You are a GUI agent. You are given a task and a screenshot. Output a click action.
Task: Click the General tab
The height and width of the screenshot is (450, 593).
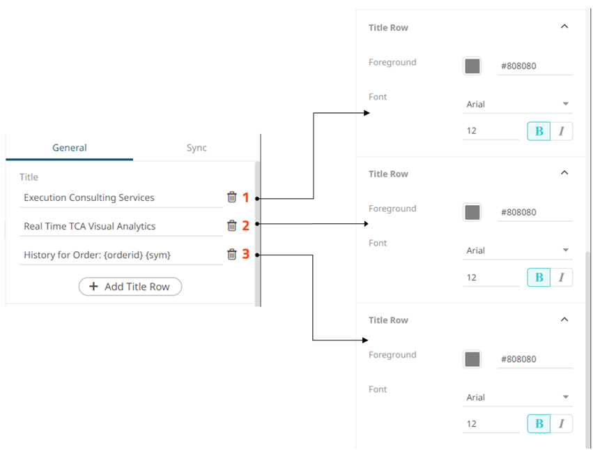pyautogui.click(x=70, y=148)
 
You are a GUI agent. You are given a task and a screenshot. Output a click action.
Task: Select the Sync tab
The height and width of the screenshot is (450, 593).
pyautogui.click(x=197, y=148)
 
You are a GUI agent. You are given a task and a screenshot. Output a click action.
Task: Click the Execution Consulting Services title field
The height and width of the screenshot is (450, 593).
pyautogui.click(x=121, y=198)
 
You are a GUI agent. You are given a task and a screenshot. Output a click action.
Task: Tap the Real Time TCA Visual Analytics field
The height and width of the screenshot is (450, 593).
pyautogui.click(x=121, y=227)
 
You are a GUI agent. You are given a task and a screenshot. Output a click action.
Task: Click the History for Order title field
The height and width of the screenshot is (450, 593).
pyautogui.click(x=121, y=255)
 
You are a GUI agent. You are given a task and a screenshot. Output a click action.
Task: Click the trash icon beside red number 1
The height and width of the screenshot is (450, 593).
pyautogui.click(x=232, y=197)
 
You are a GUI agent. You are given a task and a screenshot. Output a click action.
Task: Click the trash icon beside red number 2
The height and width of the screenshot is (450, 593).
pyautogui.click(x=232, y=225)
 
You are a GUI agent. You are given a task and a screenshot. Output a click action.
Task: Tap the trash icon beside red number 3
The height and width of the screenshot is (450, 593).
pyautogui.click(x=232, y=254)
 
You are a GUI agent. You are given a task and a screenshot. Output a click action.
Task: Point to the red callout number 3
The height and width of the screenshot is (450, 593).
pyautogui.click(x=245, y=255)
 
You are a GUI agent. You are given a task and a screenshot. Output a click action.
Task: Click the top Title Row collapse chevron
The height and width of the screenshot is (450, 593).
pyautogui.click(x=564, y=27)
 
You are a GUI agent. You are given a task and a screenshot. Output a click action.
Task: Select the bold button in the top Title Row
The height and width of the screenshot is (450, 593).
pyautogui.click(x=539, y=131)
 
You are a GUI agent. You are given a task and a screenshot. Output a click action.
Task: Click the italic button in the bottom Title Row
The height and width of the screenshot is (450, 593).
pyautogui.click(x=561, y=423)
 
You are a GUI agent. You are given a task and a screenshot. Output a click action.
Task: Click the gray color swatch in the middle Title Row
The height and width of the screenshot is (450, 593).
pyautogui.click(x=472, y=213)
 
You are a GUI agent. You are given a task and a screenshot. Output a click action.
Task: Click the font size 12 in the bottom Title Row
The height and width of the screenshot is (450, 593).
pyautogui.click(x=491, y=423)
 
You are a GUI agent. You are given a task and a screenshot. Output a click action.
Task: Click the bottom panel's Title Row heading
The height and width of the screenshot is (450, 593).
pyautogui.click(x=388, y=320)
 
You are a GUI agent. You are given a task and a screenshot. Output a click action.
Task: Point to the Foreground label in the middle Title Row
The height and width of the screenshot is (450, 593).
pyautogui.click(x=392, y=209)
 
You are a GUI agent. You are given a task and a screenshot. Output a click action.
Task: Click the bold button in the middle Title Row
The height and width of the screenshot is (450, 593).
pyautogui.click(x=539, y=278)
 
